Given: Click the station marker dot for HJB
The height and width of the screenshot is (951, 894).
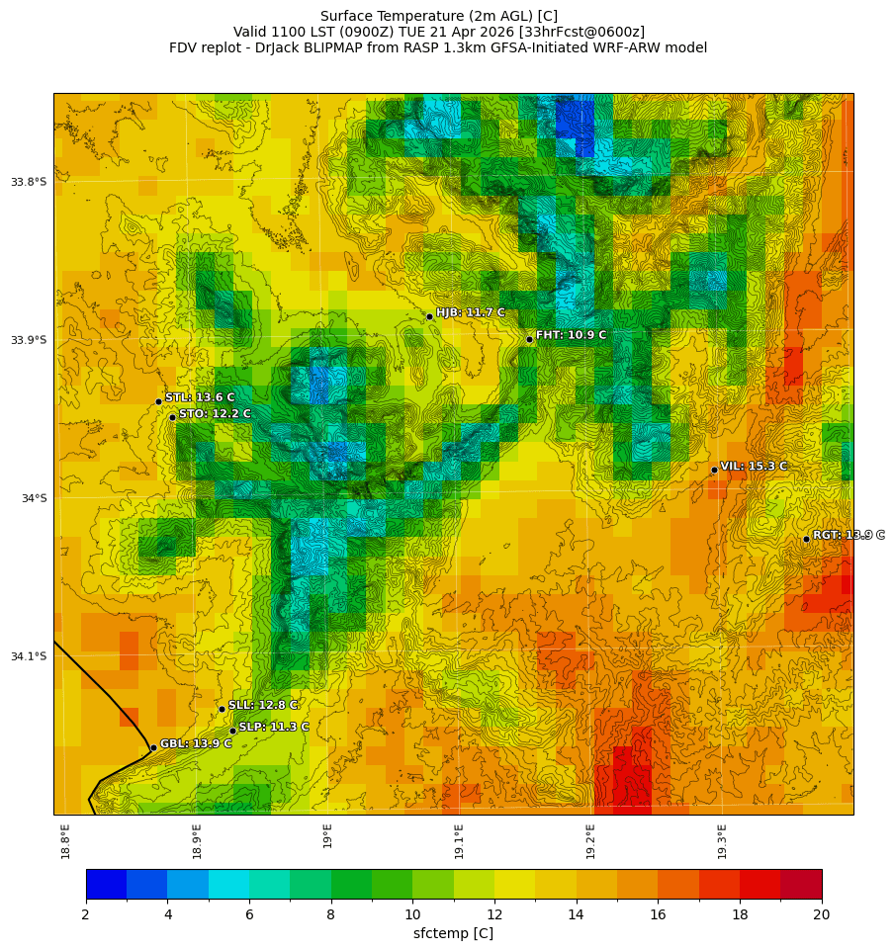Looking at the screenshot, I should [429, 316].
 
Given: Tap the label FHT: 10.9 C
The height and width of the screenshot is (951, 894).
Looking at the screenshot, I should [571, 336].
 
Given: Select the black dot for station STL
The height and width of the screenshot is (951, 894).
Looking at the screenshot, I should [158, 401].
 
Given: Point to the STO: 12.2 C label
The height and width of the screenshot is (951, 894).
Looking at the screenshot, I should [215, 414].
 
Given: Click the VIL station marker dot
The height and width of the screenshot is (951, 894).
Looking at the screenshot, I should [714, 470].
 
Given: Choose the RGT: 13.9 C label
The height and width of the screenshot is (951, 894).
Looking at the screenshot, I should [849, 535].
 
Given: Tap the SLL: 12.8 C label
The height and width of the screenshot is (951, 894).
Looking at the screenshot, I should [263, 706].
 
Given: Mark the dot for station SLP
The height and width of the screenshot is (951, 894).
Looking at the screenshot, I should [232, 731].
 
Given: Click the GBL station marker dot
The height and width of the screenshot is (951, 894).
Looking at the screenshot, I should [153, 747].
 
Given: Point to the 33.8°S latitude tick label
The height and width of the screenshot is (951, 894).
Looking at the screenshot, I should [29, 182].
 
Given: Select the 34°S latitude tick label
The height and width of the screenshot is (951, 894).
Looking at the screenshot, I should [34, 498].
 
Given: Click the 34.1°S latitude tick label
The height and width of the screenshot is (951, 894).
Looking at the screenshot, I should [29, 656].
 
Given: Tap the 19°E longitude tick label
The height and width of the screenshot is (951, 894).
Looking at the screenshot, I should [327, 835].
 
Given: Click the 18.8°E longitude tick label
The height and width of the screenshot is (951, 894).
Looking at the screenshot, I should [65, 841].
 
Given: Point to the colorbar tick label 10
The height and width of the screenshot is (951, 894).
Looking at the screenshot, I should [412, 914].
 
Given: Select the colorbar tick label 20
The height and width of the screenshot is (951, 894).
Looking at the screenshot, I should [821, 914].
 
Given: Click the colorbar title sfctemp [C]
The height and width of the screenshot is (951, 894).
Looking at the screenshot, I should [453, 933].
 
